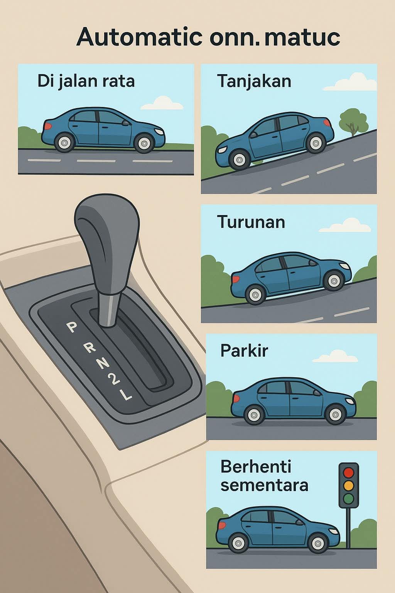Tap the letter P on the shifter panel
71,327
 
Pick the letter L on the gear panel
126,395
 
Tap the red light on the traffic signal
348,472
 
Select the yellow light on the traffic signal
348,486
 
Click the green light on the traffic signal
348,499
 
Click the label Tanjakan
254,81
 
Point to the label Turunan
251,222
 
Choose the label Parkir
244,351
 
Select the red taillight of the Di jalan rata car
48,126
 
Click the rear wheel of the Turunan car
255,295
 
